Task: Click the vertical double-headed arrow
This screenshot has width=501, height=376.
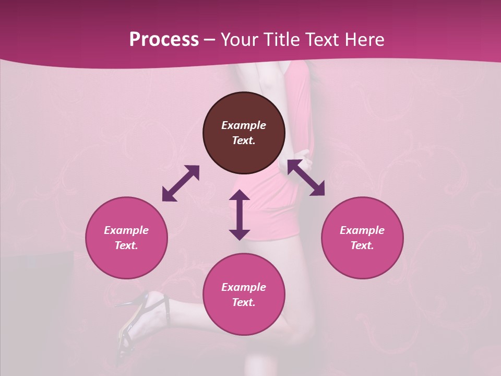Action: (x=240, y=215)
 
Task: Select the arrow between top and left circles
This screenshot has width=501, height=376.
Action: (x=181, y=183)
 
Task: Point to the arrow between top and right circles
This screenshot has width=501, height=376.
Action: (x=306, y=178)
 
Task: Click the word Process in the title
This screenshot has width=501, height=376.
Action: (x=164, y=39)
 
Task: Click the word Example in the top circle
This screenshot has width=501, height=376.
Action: (x=244, y=125)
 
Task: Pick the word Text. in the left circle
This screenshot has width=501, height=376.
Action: (x=126, y=245)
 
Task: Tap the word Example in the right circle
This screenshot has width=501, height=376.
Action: (x=362, y=230)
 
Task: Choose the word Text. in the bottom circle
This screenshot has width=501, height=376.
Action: (x=244, y=302)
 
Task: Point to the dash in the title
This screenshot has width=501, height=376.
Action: (x=210, y=40)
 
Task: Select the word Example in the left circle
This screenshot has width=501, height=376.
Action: (x=126, y=230)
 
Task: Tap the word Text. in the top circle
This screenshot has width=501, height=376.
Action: (x=244, y=140)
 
